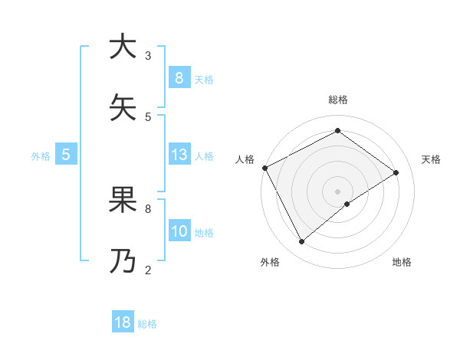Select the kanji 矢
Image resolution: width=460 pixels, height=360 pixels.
[x=123, y=107]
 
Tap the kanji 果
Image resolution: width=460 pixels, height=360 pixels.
[x=123, y=199]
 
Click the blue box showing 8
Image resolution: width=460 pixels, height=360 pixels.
[x=179, y=77]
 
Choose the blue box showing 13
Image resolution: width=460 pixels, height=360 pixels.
[x=179, y=155]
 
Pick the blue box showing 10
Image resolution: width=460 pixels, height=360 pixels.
[x=179, y=231]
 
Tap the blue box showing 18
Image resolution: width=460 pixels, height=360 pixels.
[x=123, y=322]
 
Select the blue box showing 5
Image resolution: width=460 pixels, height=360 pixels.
[x=66, y=155]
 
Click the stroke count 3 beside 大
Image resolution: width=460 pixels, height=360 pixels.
[x=148, y=56]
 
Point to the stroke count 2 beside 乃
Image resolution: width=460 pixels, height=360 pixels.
[x=148, y=270]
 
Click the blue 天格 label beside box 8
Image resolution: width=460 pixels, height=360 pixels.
[x=204, y=79]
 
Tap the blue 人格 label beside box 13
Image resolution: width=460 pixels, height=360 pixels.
[x=204, y=156]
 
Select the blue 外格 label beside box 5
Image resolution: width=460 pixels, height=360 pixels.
[x=41, y=156]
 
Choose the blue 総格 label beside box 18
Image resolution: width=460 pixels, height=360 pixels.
[x=147, y=324]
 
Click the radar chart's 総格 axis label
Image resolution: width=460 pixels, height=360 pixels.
[x=337, y=100]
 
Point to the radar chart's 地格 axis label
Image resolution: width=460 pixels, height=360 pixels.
[x=402, y=262]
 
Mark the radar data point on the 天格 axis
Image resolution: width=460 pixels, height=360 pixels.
[x=396, y=172]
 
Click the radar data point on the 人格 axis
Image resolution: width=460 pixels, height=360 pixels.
[x=264, y=168]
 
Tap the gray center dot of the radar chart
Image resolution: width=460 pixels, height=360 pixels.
[x=337, y=191]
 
